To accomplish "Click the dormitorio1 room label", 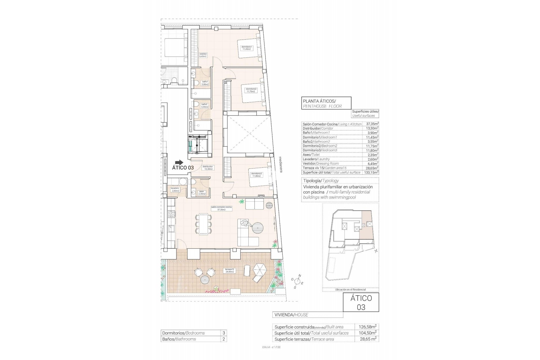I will click(x=246, y=48).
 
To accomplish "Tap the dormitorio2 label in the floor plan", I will click(x=251, y=90).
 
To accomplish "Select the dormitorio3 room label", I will click(x=256, y=175).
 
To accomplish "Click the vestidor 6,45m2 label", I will click(x=203, y=55).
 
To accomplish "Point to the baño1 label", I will click(x=205, y=83).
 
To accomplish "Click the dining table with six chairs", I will click(x=203, y=224).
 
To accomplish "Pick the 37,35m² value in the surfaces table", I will click(x=372, y=124).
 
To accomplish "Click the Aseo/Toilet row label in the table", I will click(x=311, y=155).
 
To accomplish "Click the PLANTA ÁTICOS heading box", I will click(x=326, y=103).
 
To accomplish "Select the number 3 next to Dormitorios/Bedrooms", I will click(x=224, y=333).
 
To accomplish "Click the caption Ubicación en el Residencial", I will click(x=350, y=289).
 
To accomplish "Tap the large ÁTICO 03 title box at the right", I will click(x=361, y=302).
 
